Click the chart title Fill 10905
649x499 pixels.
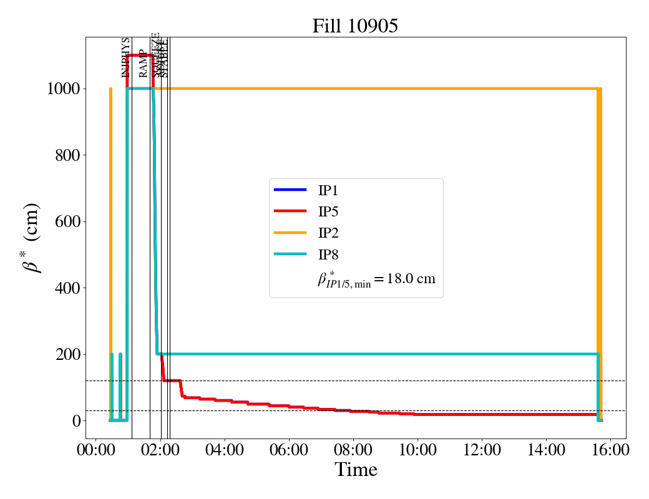(x=355, y=26)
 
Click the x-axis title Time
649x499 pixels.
(x=356, y=470)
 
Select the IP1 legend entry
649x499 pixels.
(x=328, y=191)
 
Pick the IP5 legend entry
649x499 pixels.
(x=328, y=212)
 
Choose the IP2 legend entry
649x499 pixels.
(x=328, y=233)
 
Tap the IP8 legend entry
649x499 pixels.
(x=328, y=254)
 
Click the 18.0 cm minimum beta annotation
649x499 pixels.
(x=376, y=279)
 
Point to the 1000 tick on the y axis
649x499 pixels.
(x=63, y=89)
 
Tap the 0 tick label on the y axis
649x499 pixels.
(x=76, y=421)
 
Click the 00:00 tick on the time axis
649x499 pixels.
(x=95, y=450)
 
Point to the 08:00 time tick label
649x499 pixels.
(x=353, y=450)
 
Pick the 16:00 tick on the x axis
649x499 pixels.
(x=610, y=450)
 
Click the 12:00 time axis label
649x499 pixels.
(x=481, y=450)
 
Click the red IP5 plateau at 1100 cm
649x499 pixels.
(x=140, y=56)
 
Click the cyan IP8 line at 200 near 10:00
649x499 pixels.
(x=417, y=354)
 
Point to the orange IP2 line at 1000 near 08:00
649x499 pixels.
(x=353, y=89)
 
